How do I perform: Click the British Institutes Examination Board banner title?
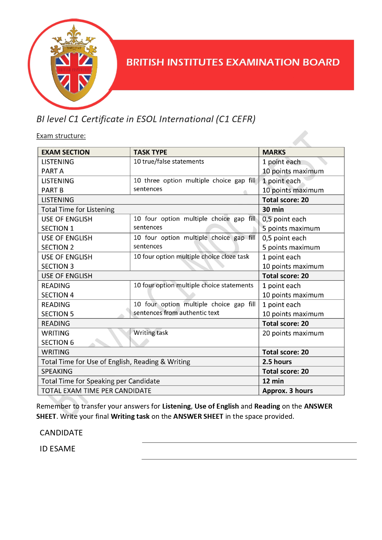tap(233, 62)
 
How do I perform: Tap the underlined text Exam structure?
tap(61, 136)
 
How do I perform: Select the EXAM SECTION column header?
tap(66, 152)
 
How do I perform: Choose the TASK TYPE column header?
tap(150, 152)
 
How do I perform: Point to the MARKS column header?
tap(274, 152)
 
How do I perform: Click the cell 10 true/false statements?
tap(169, 162)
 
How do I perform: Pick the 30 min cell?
tap(273, 210)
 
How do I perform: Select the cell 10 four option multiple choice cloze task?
tap(191, 257)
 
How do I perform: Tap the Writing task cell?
tap(151, 333)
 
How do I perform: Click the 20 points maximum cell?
tap(293, 333)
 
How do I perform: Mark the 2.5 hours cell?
tap(277, 362)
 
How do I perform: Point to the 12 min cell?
tap(273, 381)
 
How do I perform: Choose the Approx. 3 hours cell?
tap(288, 391)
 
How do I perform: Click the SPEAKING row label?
tap(57, 371)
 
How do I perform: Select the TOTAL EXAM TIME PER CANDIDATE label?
tap(96, 391)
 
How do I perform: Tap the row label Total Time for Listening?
tap(78, 210)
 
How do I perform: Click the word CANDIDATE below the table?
tap(61, 433)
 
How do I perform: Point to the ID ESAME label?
tap(58, 449)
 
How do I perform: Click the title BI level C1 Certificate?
tap(146, 119)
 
